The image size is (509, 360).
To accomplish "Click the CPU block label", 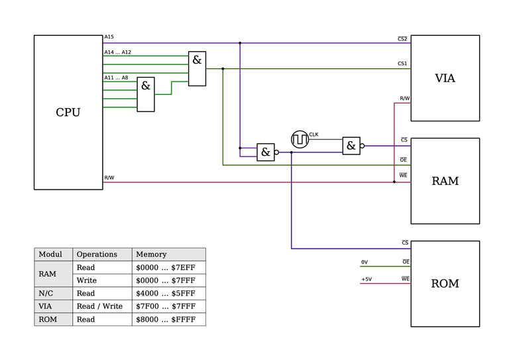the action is [68, 112].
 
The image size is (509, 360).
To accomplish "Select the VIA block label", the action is [445, 78].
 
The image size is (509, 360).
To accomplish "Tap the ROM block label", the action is [445, 284].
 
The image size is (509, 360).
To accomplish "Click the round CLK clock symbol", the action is [300, 140].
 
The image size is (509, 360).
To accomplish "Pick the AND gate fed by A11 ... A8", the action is [146, 94].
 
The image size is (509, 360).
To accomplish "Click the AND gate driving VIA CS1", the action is [197, 68].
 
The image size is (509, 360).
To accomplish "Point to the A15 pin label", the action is [109, 37].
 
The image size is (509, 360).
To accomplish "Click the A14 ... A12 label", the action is [117, 52].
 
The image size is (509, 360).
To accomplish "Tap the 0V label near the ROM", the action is [365, 263].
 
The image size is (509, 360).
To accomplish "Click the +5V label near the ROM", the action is [367, 279].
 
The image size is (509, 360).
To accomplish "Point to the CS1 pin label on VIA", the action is [402, 64].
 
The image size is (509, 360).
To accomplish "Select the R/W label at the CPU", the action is [109, 178].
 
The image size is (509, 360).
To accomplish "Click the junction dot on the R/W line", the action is [394, 182].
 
